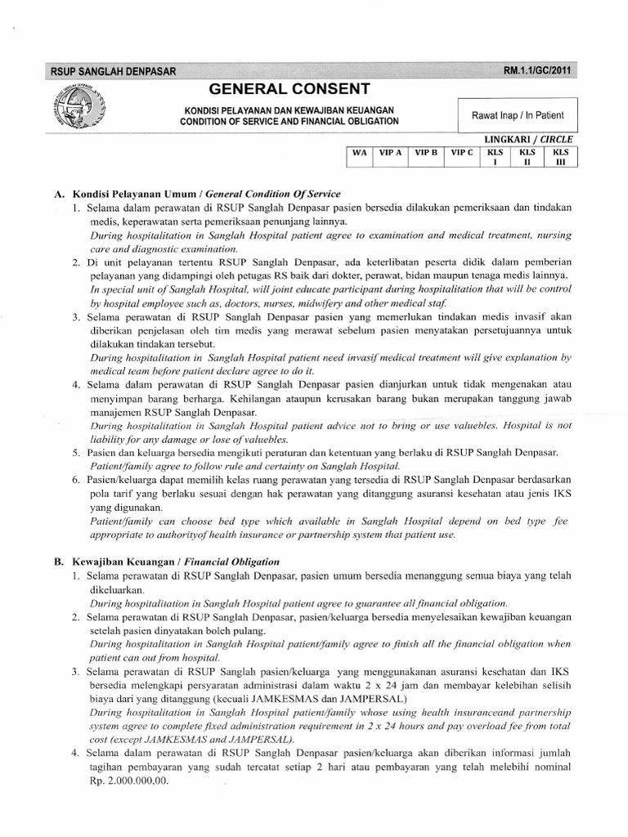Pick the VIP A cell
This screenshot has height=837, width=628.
coord(391,152)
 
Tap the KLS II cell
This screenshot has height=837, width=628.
coord(527,156)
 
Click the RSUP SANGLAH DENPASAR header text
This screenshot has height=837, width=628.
coord(114,71)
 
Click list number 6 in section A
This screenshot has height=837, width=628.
coord(75,483)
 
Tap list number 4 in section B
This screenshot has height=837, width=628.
coord(75,752)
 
